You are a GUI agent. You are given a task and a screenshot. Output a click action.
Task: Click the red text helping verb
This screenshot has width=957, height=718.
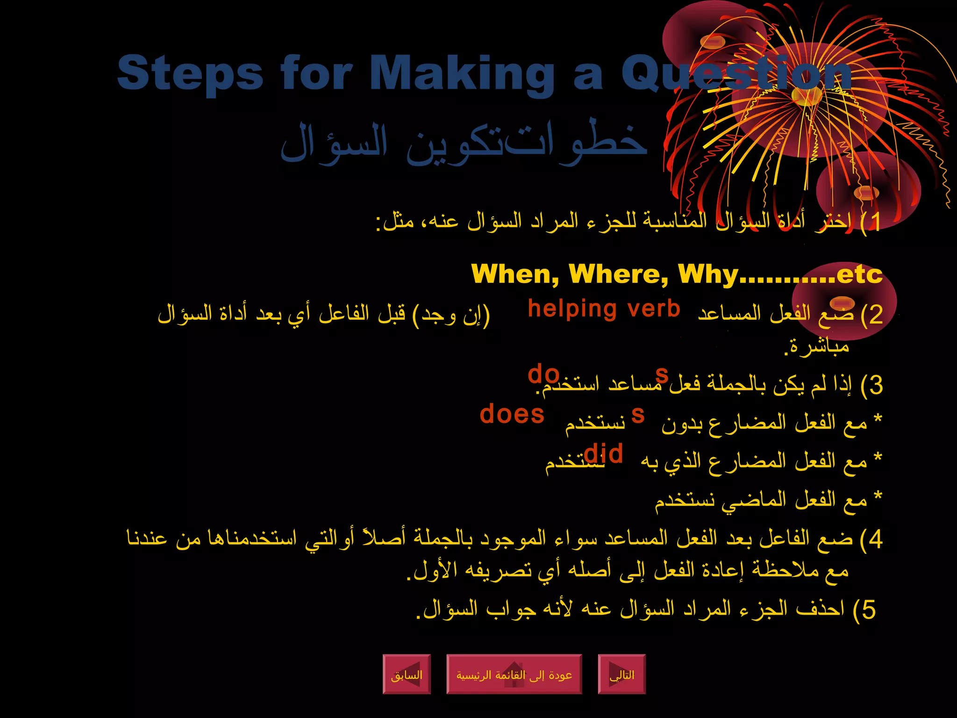pyautogui.click(x=604, y=309)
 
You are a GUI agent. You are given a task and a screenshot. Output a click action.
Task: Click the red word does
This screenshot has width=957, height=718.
pyautogui.click(x=512, y=414)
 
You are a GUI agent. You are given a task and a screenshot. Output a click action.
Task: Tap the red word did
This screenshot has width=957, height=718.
pyautogui.click(x=603, y=453)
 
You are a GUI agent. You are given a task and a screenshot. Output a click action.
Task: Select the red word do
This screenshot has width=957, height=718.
pyautogui.click(x=543, y=374)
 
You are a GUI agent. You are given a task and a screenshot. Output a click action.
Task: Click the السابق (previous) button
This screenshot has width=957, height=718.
pyautogui.click(x=407, y=675)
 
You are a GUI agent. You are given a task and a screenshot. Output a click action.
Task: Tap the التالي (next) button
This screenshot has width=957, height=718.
pyautogui.click(x=622, y=675)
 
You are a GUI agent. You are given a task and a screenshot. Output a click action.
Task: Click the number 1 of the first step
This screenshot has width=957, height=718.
pyautogui.click(x=874, y=222)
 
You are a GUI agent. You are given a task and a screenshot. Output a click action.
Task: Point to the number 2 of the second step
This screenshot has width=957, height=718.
pyautogui.click(x=875, y=315)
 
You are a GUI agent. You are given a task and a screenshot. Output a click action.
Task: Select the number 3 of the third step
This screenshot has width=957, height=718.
pyautogui.click(x=875, y=385)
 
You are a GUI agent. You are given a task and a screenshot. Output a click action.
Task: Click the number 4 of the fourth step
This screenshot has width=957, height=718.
pyautogui.click(x=875, y=539)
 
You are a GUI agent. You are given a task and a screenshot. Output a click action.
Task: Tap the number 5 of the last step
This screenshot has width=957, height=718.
pyautogui.click(x=868, y=610)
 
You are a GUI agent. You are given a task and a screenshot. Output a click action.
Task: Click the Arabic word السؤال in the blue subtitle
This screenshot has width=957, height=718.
pyautogui.click(x=334, y=143)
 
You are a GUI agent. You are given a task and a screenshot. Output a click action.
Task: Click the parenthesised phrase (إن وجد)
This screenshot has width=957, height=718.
pyautogui.click(x=451, y=315)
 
